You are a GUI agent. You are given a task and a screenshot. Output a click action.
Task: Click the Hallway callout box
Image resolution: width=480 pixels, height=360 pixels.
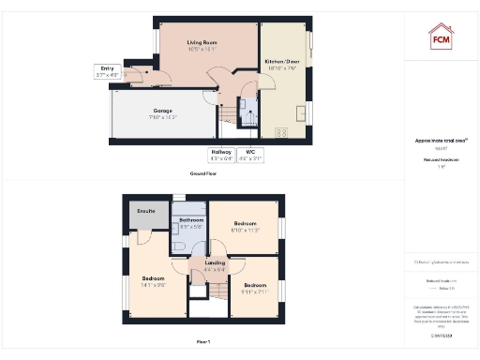pos(221,155)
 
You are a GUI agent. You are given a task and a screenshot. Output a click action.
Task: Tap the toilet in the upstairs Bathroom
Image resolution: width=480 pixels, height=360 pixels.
pos(179,247)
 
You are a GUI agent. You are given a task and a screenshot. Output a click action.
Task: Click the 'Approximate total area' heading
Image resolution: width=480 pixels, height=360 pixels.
pos(442,141)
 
